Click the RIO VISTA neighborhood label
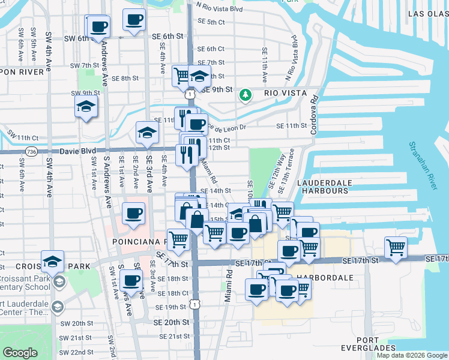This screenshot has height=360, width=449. [x=285, y=94]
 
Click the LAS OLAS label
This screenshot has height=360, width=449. [x=427, y=13]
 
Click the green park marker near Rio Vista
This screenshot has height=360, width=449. [x=245, y=94]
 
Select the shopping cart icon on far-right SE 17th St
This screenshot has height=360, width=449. [x=396, y=246]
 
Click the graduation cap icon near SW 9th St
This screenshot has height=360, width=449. [x=86, y=107]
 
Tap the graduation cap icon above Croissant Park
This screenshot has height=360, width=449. [x=53, y=262]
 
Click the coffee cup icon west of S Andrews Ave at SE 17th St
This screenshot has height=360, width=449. [x=131, y=280]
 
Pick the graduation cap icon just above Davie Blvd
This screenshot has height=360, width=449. [x=146, y=133]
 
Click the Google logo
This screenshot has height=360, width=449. [x=20, y=352]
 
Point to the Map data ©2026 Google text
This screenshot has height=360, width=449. [x=412, y=355]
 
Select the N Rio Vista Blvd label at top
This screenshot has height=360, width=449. [x=219, y=8]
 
